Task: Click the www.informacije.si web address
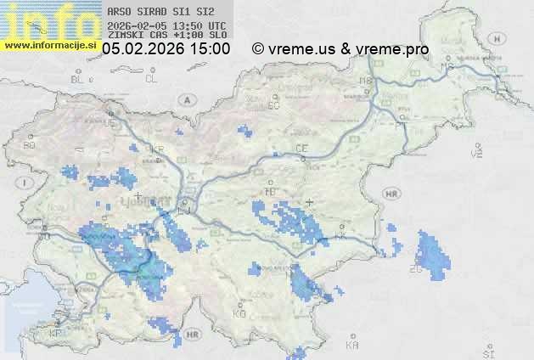[x=48, y=44]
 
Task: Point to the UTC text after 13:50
[x=216, y=25]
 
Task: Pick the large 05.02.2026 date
[x=143, y=49]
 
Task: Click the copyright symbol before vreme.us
[x=258, y=49]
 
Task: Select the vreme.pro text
[x=396, y=49]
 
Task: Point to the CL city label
[x=152, y=79]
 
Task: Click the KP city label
[x=56, y=334]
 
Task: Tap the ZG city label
[x=416, y=269]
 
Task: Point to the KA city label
[x=352, y=346]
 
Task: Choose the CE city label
[x=301, y=149]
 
